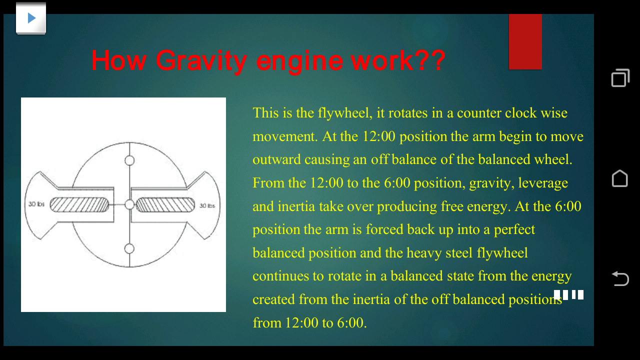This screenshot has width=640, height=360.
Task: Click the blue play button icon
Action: [x=31, y=18]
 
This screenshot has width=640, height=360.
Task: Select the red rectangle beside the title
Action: [x=525, y=41]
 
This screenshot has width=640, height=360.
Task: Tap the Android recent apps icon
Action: [x=620, y=78]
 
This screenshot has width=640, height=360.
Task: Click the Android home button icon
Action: [x=620, y=178]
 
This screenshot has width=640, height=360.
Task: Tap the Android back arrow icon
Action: [x=620, y=278]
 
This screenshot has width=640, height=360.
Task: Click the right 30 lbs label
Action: [x=207, y=205]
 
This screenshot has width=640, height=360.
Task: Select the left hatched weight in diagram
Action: [x=79, y=205]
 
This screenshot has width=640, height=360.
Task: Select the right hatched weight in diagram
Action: [x=165, y=205]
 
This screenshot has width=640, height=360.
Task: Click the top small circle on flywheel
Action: [x=129, y=160]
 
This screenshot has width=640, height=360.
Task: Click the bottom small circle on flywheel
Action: [x=129, y=248]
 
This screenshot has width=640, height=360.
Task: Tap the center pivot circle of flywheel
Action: [x=129, y=204]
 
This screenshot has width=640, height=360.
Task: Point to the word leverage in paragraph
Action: [x=543, y=183]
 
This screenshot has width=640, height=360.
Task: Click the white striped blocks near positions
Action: [x=568, y=294]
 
